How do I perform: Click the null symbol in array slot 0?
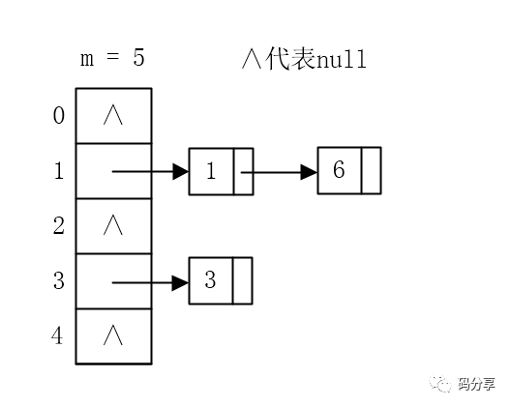click(x=113, y=116)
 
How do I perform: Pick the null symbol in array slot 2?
click(x=113, y=226)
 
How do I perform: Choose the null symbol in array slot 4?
click(x=113, y=336)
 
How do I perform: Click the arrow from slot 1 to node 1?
click(x=150, y=172)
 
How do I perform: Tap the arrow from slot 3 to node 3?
click(x=150, y=282)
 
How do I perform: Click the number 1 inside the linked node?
click(x=210, y=172)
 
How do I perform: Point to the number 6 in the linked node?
click(x=339, y=171)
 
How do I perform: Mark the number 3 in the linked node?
click(x=210, y=281)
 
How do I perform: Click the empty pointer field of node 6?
click(x=371, y=171)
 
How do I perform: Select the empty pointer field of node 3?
click(x=242, y=281)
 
